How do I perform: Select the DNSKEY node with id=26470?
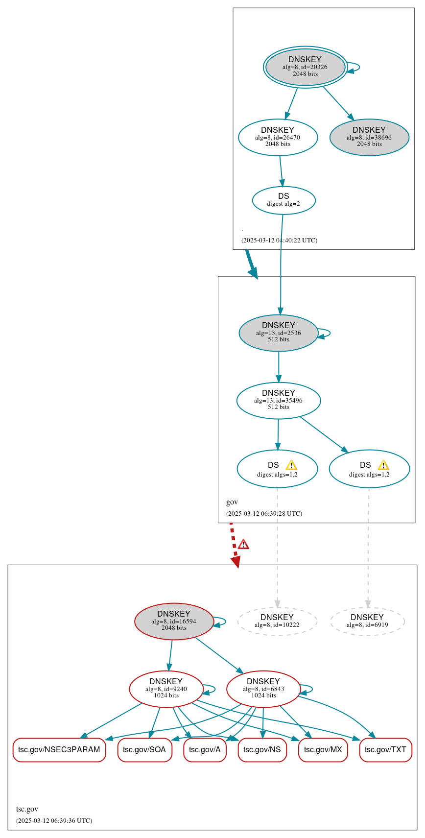pos(278,137)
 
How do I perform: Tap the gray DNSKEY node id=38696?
pos(369,137)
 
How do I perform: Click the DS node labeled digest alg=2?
pos(283,200)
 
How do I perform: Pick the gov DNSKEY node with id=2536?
pos(278,333)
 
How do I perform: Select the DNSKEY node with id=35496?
pos(278,400)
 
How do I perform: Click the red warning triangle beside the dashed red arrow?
pos(243,544)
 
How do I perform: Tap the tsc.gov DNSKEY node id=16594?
pos(174,621)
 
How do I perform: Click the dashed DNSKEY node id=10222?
pos(277,621)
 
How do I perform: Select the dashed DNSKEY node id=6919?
pos(367,621)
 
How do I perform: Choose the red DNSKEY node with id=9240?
pos(166,689)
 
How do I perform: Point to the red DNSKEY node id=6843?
pos(263,689)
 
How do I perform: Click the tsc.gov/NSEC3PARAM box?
pos(59,749)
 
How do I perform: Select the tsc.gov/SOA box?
pos(144,749)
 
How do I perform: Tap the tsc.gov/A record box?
pos(205,749)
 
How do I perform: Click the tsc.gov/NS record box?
pos(262,749)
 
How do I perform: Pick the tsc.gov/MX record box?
pos(323,749)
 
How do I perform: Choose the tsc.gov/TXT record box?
pos(385,749)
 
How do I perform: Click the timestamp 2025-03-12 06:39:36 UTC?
pos(54,820)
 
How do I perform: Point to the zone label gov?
pos(232,502)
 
